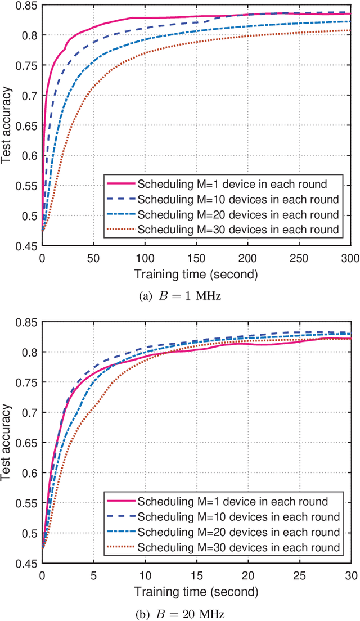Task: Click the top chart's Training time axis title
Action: pyautogui.click(x=196, y=274)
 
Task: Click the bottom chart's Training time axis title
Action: pyautogui.click(x=196, y=592)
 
